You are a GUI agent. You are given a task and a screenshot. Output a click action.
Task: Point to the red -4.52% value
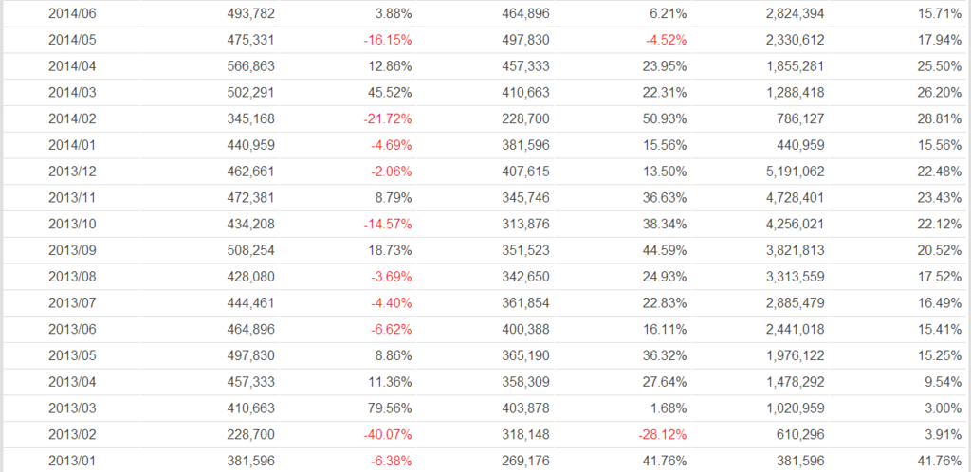pos(665,42)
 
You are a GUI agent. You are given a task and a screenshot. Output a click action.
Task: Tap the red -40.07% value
pos(387,435)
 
